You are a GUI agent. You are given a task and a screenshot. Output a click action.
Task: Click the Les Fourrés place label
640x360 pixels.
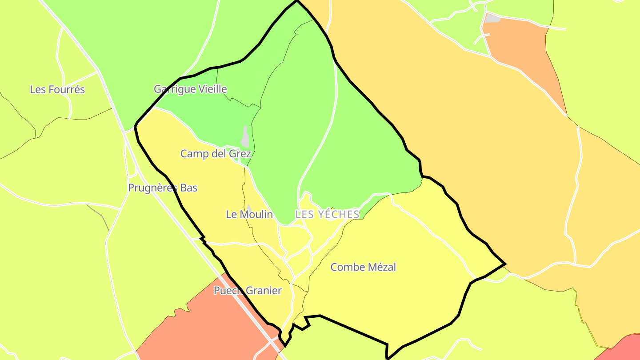point(57,89)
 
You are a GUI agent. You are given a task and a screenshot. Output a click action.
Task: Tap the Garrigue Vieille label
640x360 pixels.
point(190,89)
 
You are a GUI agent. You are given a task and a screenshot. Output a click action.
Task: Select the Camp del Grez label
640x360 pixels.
point(216,154)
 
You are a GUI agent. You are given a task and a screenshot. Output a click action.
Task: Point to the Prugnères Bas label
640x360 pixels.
point(162,188)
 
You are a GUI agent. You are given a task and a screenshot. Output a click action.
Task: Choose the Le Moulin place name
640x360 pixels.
point(249,214)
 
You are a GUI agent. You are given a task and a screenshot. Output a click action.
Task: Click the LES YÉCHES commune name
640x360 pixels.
point(327,214)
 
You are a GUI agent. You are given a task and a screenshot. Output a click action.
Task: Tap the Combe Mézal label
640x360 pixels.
point(363,267)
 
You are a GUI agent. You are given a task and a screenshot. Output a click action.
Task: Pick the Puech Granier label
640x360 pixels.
point(248,291)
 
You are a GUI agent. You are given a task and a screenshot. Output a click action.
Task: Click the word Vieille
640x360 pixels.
point(212,89)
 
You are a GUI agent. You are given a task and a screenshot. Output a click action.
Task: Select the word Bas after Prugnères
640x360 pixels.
point(188,188)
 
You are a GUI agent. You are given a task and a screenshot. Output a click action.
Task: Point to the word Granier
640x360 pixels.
point(264,291)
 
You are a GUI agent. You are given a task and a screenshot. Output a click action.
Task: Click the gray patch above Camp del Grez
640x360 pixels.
point(245,136)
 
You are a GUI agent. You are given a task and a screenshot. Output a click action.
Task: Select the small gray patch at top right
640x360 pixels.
point(492,18)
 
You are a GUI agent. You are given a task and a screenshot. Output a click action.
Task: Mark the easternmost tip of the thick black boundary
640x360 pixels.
point(505,264)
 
